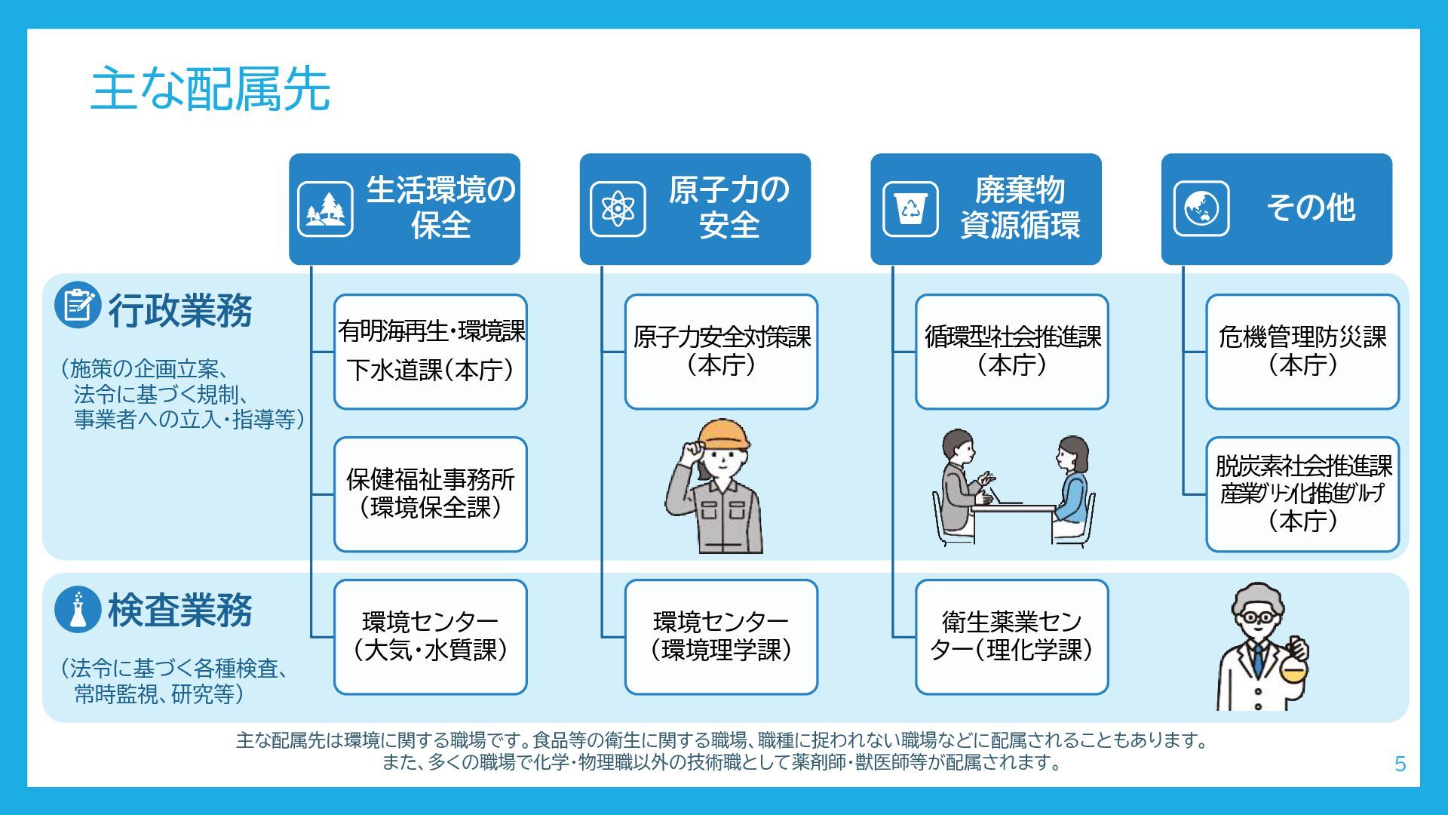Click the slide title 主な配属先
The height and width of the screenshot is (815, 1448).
pos(210,89)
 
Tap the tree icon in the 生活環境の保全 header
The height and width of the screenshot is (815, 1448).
pos(325,209)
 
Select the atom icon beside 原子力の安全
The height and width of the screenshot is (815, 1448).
pos(617,209)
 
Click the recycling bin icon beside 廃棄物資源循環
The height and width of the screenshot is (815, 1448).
pos(910,209)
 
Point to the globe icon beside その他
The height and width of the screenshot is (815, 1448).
pos(1201,209)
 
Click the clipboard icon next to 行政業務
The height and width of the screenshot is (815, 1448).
pos(77,305)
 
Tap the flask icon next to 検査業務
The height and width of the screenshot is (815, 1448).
pos(77,609)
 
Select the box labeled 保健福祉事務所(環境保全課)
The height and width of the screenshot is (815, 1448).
pos(430,494)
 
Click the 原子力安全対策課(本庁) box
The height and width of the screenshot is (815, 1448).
pos(721,352)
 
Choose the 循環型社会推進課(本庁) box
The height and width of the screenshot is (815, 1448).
pos(1011,352)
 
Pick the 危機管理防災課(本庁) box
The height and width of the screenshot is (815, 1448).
pos(1302,352)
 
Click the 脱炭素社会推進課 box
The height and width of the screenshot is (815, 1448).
pos(1302,494)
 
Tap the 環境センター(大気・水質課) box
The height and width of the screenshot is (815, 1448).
pos(430,637)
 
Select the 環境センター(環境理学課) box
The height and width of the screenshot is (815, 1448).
pos(721,637)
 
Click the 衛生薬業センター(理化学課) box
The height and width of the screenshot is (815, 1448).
pos(1011,637)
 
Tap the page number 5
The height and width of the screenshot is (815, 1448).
pos(1400,764)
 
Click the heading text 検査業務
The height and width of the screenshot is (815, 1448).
pos(179,610)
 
